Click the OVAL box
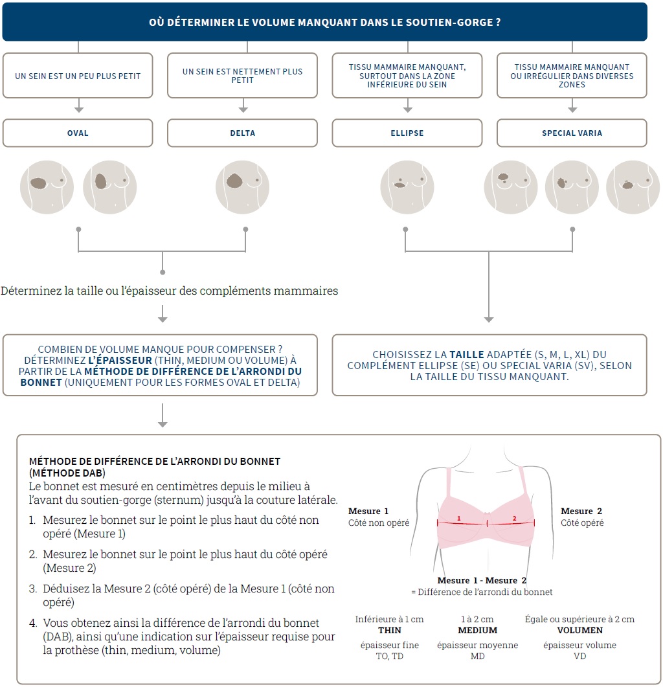(x=78, y=133)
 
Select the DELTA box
(x=242, y=133)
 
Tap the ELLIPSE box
(x=407, y=133)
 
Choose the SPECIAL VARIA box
(x=572, y=133)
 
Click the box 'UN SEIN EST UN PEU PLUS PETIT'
(x=78, y=76)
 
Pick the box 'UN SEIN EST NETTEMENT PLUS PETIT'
(x=242, y=76)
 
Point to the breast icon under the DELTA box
(x=242, y=187)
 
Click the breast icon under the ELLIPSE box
(x=406, y=187)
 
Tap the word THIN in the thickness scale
(x=389, y=630)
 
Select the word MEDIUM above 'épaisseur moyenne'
(x=478, y=630)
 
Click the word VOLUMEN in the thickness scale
(x=579, y=630)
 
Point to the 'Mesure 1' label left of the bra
(x=368, y=512)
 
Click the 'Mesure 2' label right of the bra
(x=581, y=512)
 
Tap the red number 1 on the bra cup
(x=459, y=519)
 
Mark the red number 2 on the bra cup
(x=515, y=519)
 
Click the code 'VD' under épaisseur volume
(x=579, y=657)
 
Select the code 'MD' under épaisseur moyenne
(x=478, y=657)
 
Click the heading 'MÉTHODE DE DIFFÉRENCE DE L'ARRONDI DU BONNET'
(x=155, y=461)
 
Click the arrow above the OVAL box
(x=78, y=107)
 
